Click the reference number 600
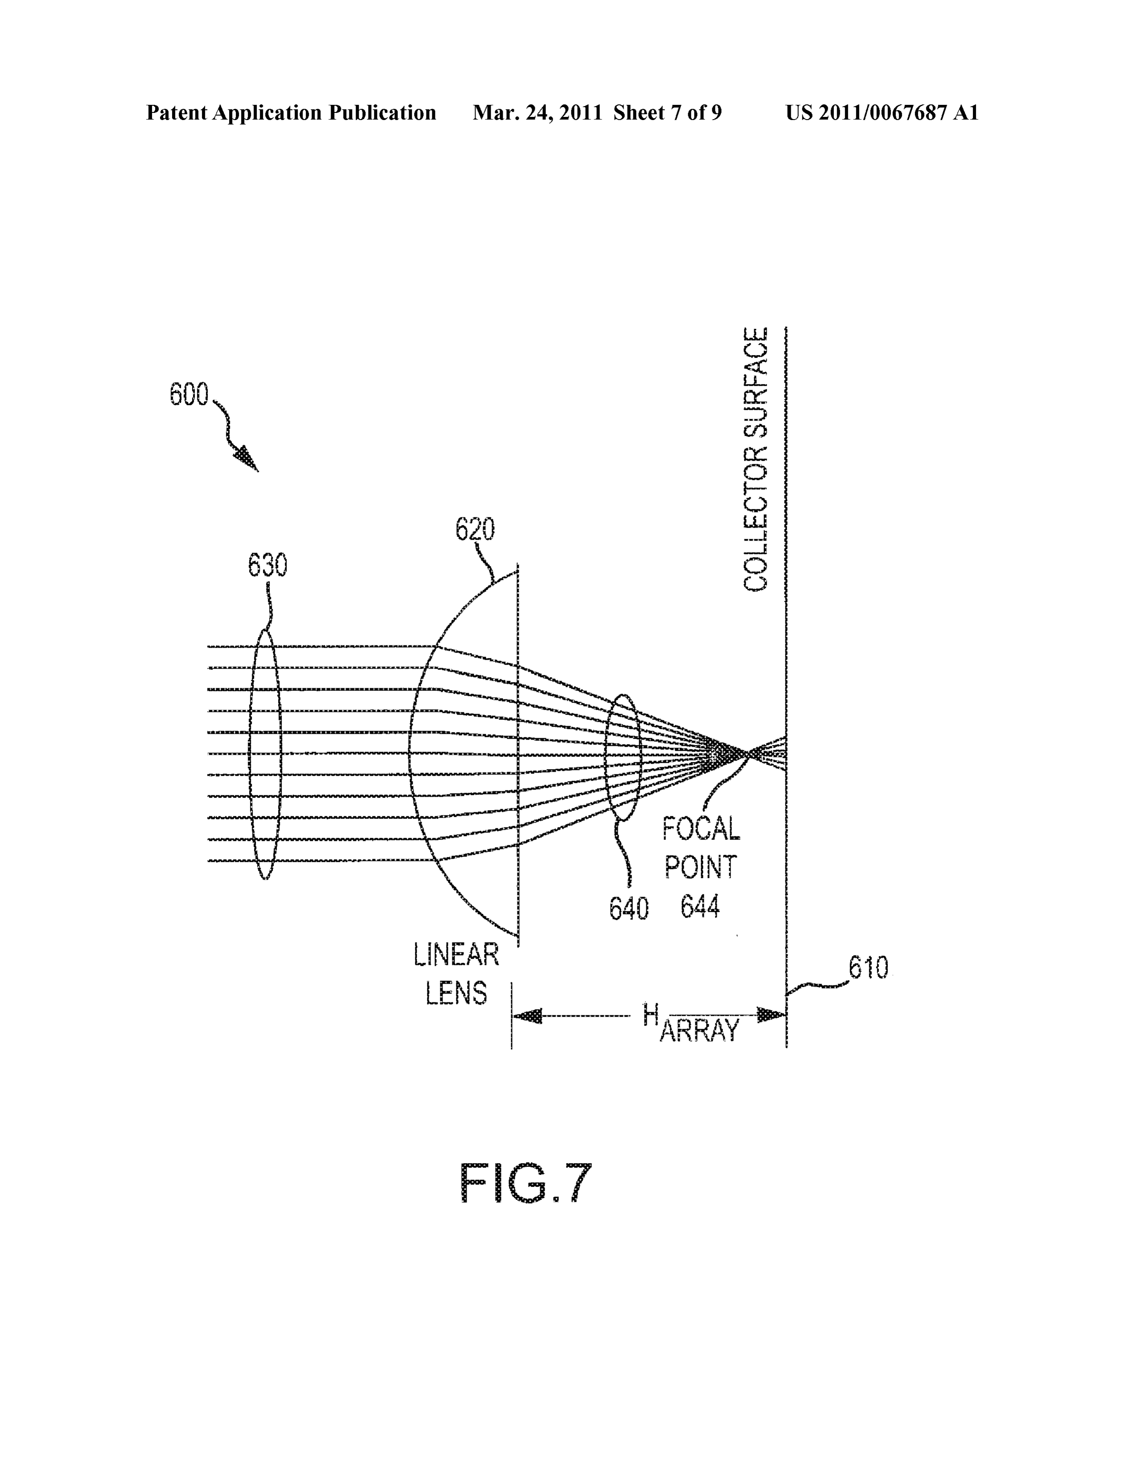point(189,395)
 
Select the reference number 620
point(475,530)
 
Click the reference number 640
point(628,909)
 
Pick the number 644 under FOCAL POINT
point(700,907)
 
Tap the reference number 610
point(868,968)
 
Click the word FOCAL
point(701,828)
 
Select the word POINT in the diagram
point(701,868)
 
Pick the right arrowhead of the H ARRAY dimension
point(771,1015)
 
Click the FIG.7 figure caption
point(525,1183)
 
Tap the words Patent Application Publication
point(291,112)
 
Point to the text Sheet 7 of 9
point(668,112)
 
